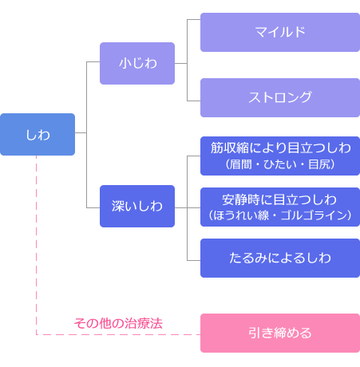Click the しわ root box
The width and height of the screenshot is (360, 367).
pyautogui.click(x=38, y=134)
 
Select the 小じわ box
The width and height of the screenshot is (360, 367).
pyautogui.click(x=137, y=63)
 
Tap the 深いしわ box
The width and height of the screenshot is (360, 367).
pyautogui.click(x=137, y=206)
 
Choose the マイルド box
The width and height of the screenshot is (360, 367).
pyautogui.click(x=280, y=32)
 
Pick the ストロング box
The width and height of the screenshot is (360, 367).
pyautogui.click(x=280, y=97)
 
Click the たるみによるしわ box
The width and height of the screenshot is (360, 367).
pyautogui.click(x=280, y=258)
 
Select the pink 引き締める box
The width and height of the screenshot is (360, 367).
pyautogui.click(x=280, y=333)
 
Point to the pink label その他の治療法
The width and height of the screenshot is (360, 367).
pyautogui.click(x=118, y=323)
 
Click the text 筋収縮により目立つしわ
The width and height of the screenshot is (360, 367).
pyautogui.click(x=281, y=148)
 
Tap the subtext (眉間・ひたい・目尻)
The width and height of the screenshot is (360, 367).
pyautogui.click(x=280, y=164)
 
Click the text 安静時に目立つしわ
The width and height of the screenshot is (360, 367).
pyautogui.click(x=279, y=199)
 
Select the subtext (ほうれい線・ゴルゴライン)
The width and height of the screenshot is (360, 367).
pyautogui.click(x=280, y=215)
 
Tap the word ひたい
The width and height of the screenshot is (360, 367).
pyautogui.click(x=280, y=164)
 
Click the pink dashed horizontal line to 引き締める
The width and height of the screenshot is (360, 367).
pyautogui.click(x=118, y=334)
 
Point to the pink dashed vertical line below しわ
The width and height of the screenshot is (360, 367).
pyautogui.click(x=36, y=245)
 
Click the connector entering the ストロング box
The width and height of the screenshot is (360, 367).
pyautogui.click(x=194, y=101)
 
